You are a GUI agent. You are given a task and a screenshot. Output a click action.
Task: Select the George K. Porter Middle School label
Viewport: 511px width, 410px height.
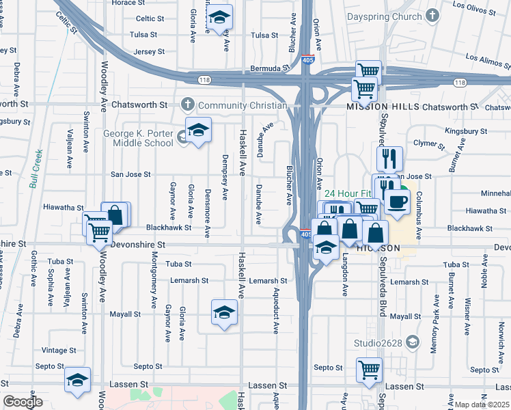click(x=139, y=138)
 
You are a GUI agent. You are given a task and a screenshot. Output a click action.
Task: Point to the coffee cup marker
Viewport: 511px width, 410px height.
click(x=396, y=200)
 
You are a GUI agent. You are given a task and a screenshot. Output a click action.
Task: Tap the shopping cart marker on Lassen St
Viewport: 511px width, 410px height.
click(x=369, y=370)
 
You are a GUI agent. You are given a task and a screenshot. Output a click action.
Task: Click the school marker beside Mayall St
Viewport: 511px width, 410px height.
click(x=223, y=312)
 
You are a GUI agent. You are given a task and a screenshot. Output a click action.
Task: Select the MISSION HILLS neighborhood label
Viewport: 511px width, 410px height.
click(x=381, y=107)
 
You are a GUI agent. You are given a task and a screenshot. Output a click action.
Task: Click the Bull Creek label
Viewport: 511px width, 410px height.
click(x=36, y=168)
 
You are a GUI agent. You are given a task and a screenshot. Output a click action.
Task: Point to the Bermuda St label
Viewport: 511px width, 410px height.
click(x=266, y=68)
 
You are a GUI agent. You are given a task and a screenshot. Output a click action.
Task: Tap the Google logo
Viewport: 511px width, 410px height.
click(x=23, y=402)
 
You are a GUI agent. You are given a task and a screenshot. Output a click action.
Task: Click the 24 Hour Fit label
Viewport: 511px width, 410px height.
click(x=347, y=193)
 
